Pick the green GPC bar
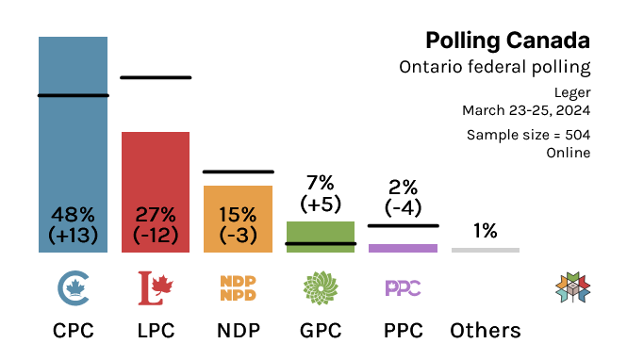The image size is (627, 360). pyautogui.click(x=321, y=237)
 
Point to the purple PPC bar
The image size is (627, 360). pyautogui.click(x=403, y=248)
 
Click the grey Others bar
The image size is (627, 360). pyautogui.click(x=485, y=250)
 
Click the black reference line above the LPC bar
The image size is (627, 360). pyautogui.click(x=156, y=77)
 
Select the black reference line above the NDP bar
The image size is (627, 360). pyautogui.click(x=238, y=172)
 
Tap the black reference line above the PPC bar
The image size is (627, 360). pyautogui.click(x=403, y=225)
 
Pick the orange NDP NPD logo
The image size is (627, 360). pyautogui.click(x=238, y=287)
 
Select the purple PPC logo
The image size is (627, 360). pyautogui.click(x=403, y=287)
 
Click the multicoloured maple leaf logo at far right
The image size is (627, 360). pyautogui.click(x=572, y=287)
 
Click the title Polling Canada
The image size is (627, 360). pyautogui.click(x=507, y=41)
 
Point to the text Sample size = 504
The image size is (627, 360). pyautogui.click(x=528, y=135)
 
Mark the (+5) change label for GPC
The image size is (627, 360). pyautogui.click(x=321, y=203)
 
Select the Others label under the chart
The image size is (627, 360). pyautogui.click(x=485, y=331)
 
